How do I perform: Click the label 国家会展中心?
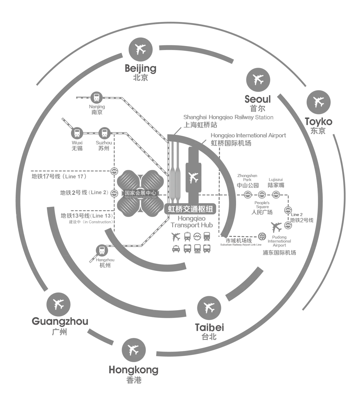pyautogui.click(x=140, y=193)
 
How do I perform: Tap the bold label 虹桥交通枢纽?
pyautogui.click(x=190, y=209)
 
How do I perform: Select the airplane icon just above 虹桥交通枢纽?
pyautogui.click(x=193, y=177)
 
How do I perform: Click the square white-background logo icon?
pyautogui.click(x=261, y=237)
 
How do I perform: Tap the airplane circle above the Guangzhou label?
pyautogui.click(x=59, y=304)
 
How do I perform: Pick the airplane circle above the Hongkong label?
pyautogui.click(x=134, y=350)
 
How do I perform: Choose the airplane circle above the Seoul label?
pyautogui.click(x=258, y=80)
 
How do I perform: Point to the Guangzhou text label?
pyautogui.click(x=59, y=322)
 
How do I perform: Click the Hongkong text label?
pyautogui.click(x=133, y=370)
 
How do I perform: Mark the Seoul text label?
pyautogui.click(x=257, y=99)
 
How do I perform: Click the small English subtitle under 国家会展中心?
pyautogui.click(x=140, y=198)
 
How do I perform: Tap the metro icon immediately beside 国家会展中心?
pyautogui.click(x=114, y=193)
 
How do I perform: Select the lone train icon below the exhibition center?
pyautogui.click(x=102, y=250)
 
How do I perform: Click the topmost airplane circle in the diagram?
pyautogui.click(x=141, y=50)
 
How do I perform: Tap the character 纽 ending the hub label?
pyautogui.click(x=209, y=209)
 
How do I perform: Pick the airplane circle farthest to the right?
pyautogui.click(x=319, y=102)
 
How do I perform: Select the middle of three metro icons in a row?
pyautogui.click(x=262, y=194)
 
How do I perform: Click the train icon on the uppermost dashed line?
pyautogui.click(x=96, y=97)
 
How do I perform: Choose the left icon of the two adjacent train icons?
pyautogui.click(x=77, y=133)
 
